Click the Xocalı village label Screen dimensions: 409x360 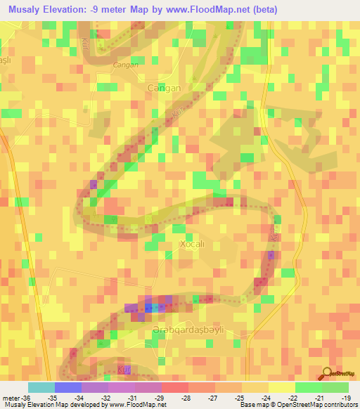point(192,244)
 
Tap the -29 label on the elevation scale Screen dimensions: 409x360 point(161,398)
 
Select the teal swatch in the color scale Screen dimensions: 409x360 point(41,387)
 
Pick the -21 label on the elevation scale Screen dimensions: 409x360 point(321,398)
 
